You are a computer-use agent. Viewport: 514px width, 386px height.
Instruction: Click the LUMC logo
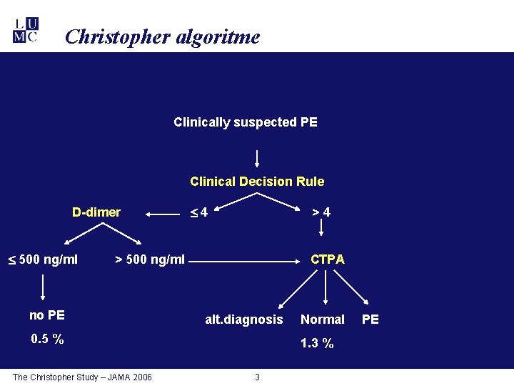click(26, 30)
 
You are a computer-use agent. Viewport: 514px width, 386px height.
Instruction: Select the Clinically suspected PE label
click(246, 122)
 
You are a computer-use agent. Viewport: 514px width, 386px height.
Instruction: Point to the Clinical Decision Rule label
click(257, 182)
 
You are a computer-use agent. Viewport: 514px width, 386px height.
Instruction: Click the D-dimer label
click(96, 212)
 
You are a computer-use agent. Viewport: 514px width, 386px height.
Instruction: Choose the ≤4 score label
click(198, 212)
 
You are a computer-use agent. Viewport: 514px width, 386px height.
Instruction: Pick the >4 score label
click(321, 212)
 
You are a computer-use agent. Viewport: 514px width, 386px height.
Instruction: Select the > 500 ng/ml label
click(150, 259)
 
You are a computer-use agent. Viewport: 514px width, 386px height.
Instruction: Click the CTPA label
click(327, 259)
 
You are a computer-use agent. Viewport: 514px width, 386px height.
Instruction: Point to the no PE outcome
click(47, 315)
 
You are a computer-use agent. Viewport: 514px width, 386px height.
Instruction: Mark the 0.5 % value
click(47, 340)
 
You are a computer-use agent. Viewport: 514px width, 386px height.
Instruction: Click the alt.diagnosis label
click(244, 320)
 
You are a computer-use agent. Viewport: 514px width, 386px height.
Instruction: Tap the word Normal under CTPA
click(323, 320)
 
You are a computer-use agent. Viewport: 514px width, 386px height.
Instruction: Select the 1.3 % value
click(317, 344)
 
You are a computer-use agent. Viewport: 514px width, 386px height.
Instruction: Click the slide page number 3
click(258, 377)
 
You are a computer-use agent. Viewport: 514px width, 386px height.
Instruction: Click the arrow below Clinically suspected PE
click(257, 157)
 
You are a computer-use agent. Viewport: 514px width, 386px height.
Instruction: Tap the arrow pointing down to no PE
click(44, 288)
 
